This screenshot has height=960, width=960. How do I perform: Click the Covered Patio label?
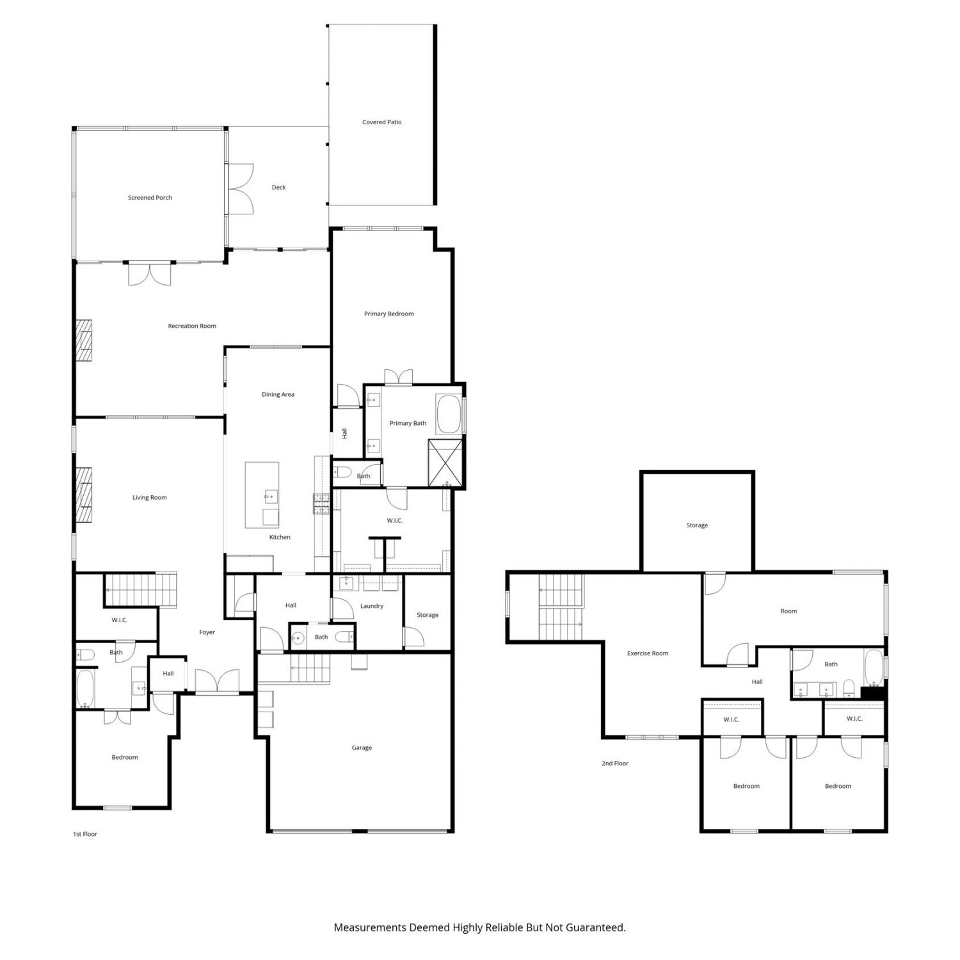[x=382, y=122]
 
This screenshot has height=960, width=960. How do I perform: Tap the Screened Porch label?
[x=150, y=198]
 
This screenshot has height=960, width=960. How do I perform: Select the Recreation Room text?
[x=192, y=326]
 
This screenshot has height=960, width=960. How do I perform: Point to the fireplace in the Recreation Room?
[x=84, y=340]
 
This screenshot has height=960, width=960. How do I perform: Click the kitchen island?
[x=262, y=495]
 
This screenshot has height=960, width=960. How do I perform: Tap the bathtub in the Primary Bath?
[x=448, y=415]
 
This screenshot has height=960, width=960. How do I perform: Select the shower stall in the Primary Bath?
[x=445, y=463]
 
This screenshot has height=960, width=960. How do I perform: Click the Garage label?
[x=362, y=748]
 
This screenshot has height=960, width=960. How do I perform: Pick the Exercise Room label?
[x=648, y=653]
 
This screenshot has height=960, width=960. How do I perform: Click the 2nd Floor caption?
[x=615, y=764]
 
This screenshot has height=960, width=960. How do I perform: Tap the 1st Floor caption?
[x=85, y=835]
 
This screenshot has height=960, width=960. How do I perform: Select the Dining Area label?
[x=278, y=394]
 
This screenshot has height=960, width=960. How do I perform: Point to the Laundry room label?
[x=372, y=606]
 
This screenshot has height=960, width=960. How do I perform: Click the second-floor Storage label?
[x=697, y=525]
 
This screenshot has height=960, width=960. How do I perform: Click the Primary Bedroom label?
[x=388, y=314]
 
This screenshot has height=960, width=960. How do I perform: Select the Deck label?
[x=279, y=188]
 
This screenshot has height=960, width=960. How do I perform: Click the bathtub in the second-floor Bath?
[x=874, y=668]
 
